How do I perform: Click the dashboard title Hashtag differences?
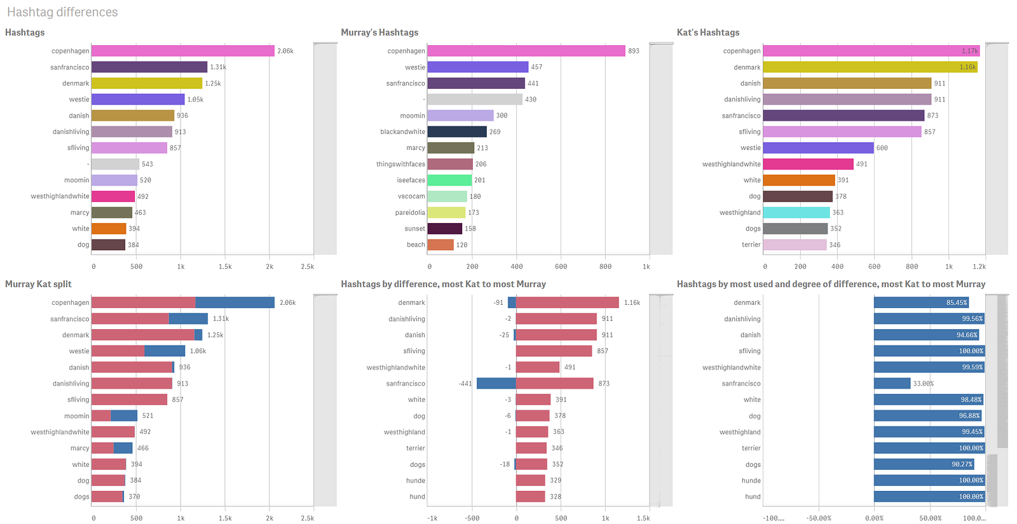click(62, 12)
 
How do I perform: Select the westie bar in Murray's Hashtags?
click(477, 67)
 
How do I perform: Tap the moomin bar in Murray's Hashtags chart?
click(460, 116)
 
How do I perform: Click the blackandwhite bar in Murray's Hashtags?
click(456, 131)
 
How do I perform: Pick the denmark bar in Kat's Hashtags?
click(870, 67)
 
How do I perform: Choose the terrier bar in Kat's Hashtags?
click(795, 245)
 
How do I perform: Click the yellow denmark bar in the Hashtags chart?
click(146, 83)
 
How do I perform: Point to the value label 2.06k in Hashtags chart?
click(285, 51)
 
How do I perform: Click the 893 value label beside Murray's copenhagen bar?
click(634, 51)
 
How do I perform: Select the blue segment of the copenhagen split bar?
click(235, 303)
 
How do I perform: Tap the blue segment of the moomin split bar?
click(124, 416)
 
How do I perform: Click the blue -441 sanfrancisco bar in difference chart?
click(496, 384)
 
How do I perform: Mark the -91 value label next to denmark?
click(498, 303)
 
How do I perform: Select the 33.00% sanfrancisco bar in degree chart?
click(892, 384)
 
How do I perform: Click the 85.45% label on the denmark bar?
click(957, 303)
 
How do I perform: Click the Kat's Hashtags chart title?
click(708, 32)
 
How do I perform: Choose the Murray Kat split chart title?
click(38, 284)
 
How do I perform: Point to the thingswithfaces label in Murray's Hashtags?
click(400, 164)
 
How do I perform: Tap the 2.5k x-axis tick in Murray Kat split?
click(308, 518)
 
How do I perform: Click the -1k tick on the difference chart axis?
click(432, 518)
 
